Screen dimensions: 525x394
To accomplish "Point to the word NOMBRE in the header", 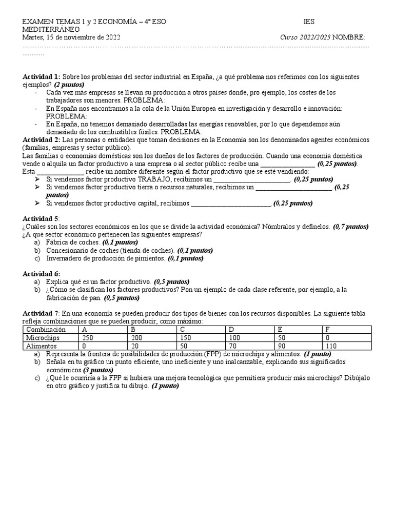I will pyautogui.click(x=349, y=37).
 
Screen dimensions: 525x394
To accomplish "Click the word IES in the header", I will pyautogui.click(x=309, y=22).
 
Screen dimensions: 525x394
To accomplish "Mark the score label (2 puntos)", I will pyautogui.click(x=69, y=84).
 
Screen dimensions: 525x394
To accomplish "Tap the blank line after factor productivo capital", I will pyautogui.click(x=230, y=204).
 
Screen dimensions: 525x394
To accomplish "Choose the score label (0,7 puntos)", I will pyautogui.click(x=350, y=227).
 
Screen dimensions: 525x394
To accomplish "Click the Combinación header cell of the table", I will pyautogui.click(x=46, y=330).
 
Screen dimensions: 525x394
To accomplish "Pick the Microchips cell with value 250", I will pyautogui.click(x=88, y=338).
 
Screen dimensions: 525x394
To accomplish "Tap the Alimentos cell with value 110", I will pyautogui.click(x=331, y=346).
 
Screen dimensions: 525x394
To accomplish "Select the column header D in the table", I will pyautogui.click(x=231, y=330).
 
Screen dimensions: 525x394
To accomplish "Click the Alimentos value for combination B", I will pyautogui.click(x=134, y=346).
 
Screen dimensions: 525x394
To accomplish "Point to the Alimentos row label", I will pyautogui.click(x=42, y=346).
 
